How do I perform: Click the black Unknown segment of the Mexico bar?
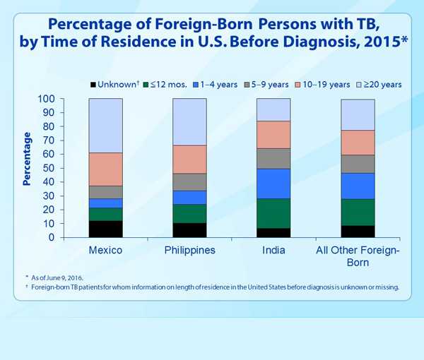click(105, 229)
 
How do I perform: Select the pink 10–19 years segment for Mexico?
click(105, 169)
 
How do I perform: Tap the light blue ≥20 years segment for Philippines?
click(189, 121)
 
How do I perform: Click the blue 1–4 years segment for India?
click(273, 184)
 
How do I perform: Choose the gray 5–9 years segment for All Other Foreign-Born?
click(358, 164)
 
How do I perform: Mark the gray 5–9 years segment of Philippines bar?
click(189, 181)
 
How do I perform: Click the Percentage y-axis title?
click(27, 158)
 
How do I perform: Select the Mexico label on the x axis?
click(105, 251)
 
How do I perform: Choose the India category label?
click(273, 251)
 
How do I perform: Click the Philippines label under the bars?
click(189, 251)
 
